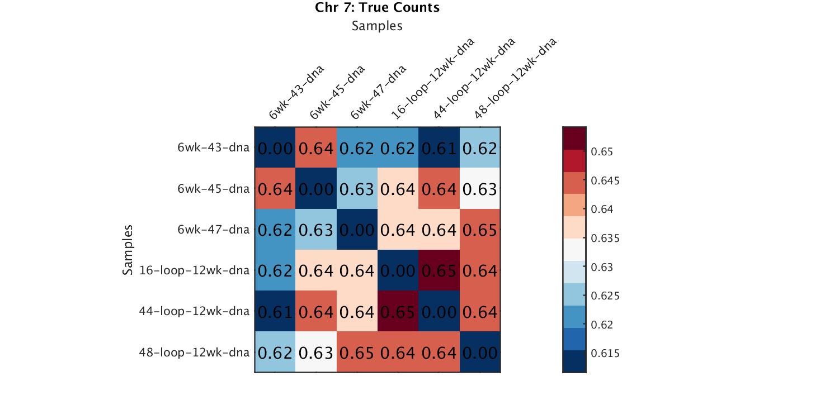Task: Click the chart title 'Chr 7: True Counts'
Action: pyautogui.click(x=378, y=8)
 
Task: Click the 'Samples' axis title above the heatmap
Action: pyautogui.click(x=378, y=26)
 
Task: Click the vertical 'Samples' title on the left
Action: pyautogui.click(x=128, y=250)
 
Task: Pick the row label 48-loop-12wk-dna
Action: pyautogui.click(x=195, y=353)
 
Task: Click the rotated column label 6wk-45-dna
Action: pyautogui.click(x=337, y=92)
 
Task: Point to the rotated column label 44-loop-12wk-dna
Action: pyautogui.click(x=474, y=78)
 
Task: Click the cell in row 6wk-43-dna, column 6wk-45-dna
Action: pyautogui.click(x=316, y=148)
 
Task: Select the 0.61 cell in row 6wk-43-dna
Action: pyautogui.click(x=439, y=148)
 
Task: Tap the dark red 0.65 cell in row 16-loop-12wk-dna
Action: pyautogui.click(x=439, y=270)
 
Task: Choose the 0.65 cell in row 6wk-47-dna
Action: pyautogui.click(x=480, y=230)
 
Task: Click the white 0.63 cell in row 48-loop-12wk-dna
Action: pyautogui.click(x=316, y=353)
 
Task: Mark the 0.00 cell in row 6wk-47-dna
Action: pyautogui.click(x=357, y=230)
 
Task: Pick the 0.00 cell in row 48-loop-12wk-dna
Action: pyautogui.click(x=480, y=353)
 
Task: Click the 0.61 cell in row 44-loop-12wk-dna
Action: pyautogui.click(x=275, y=311)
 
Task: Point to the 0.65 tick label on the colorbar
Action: pyautogui.click(x=601, y=152)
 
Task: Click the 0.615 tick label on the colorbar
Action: pyautogui.click(x=605, y=354)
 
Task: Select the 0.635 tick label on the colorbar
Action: pyautogui.click(x=605, y=239)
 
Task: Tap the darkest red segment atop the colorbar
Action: pyautogui.click(x=574, y=139)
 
